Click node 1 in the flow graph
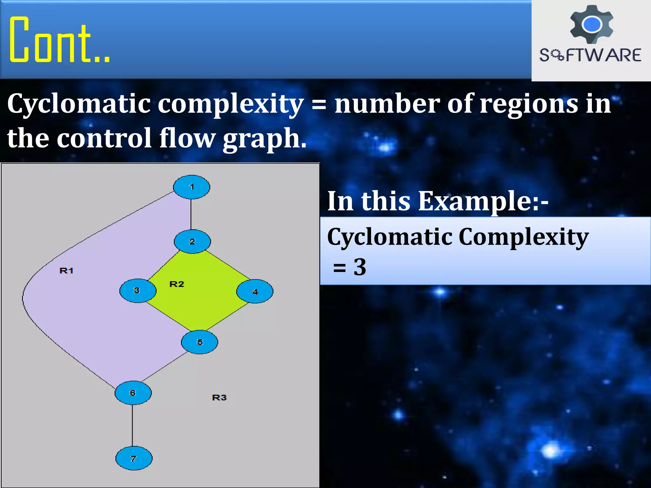pos(191,187)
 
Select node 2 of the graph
pos(192,241)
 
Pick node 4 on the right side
pos(255,291)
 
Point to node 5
pos(199,342)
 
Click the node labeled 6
pos(133,393)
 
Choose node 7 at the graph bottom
pos(134,458)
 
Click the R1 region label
pos(66,271)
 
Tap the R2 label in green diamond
pos(177,284)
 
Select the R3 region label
pos(219,397)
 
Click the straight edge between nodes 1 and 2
pos(191,214)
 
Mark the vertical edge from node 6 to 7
pos(132,425)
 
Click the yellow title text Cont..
pos(59,40)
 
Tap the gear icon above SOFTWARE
pos(592,24)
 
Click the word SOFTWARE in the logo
pos(590,55)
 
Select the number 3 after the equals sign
pos(360,267)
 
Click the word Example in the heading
pos(474,201)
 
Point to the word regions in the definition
pos(528,104)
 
